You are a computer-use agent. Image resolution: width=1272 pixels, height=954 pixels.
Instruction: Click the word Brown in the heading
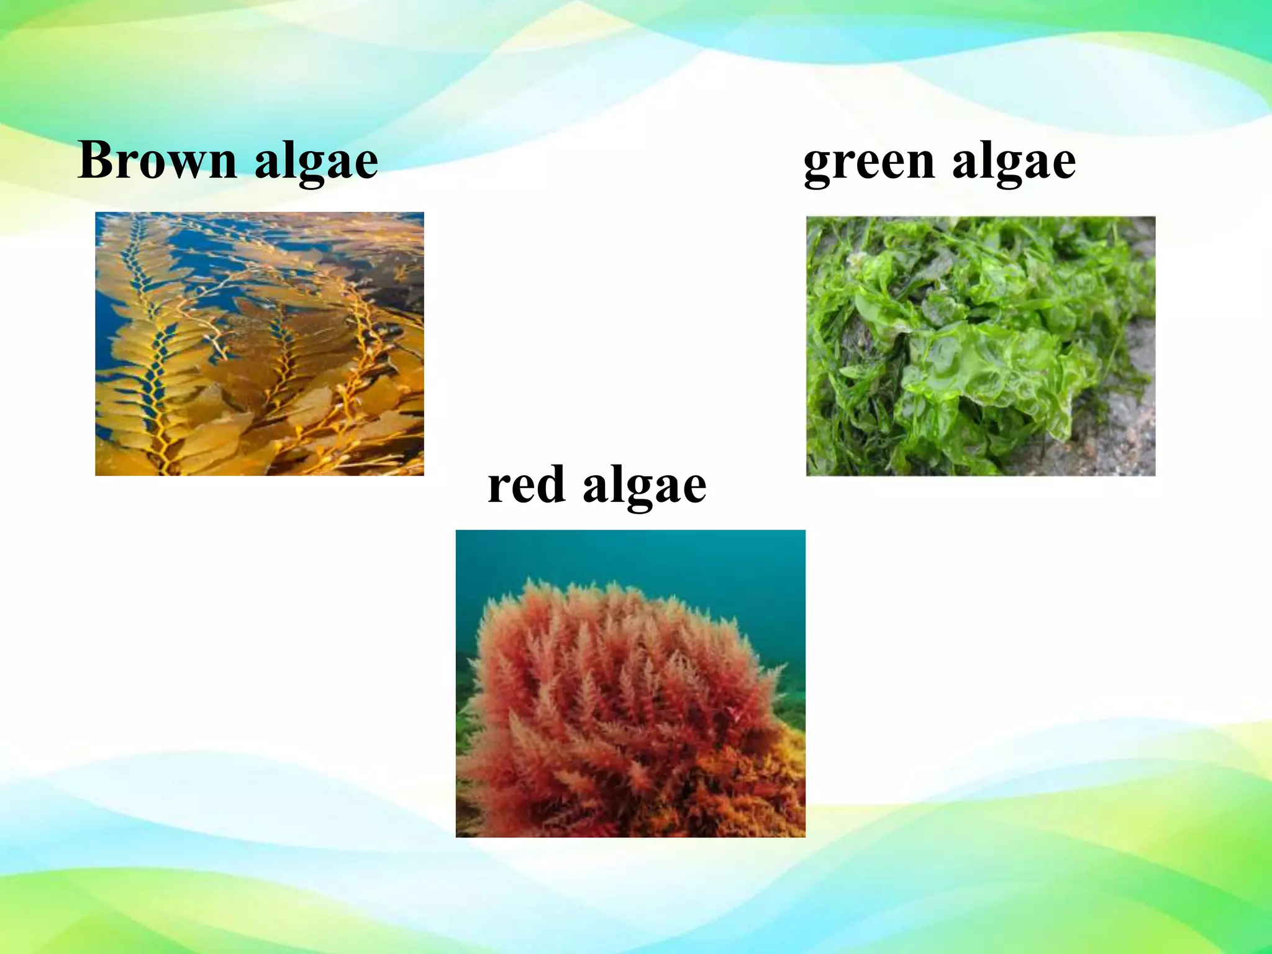click(x=157, y=160)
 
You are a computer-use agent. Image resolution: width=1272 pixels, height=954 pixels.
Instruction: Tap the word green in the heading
click(x=869, y=163)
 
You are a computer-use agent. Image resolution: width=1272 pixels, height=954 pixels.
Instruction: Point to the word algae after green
click(x=1014, y=163)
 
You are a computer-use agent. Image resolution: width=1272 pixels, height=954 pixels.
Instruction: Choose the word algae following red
click(x=644, y=488)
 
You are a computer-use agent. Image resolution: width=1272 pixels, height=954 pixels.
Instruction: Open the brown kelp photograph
click(x=260, y=344)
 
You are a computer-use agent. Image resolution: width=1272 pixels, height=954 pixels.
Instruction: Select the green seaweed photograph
click(x=980, y=346)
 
